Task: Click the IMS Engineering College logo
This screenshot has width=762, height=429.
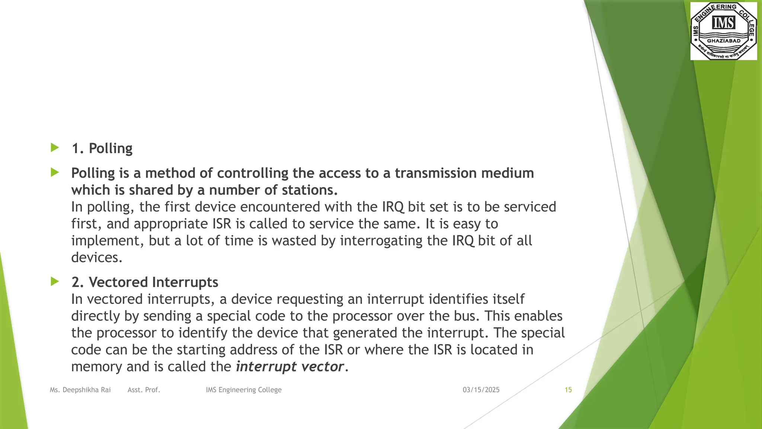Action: tap(723, 31)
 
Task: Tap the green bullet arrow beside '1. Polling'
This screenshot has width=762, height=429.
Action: tap(55, 148)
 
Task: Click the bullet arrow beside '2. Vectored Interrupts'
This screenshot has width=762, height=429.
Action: tap(55, 282)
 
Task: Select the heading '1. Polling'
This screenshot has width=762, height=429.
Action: tap(102, 148)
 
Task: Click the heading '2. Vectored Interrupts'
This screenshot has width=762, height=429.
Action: tap(145, 282)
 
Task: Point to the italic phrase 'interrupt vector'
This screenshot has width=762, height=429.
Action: tap(290, 366)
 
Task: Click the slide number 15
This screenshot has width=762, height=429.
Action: tap(568, 390)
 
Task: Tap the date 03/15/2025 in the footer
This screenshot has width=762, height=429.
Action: tap(481, 390)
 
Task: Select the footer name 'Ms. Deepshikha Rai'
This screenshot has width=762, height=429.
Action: tap(80, 390)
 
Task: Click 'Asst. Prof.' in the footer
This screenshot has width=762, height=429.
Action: tap(144, 390)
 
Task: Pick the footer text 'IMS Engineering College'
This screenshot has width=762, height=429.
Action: tap(244, 390)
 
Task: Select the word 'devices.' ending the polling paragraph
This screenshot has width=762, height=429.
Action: tap(97, 258)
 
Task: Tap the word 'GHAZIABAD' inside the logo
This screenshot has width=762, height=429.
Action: tap(724, 41)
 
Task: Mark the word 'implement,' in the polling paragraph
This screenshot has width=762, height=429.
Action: tap(108, 241)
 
